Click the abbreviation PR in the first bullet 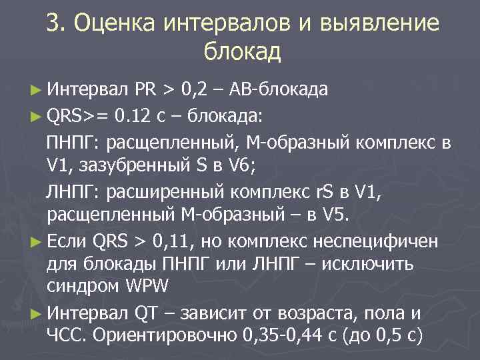pos(145,89)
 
